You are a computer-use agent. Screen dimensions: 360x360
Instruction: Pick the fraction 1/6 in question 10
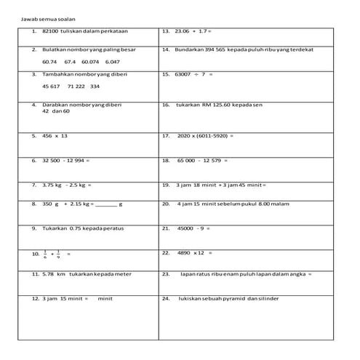[x=45, y=255]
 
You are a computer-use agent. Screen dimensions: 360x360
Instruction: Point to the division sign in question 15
[x=203, y=74]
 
